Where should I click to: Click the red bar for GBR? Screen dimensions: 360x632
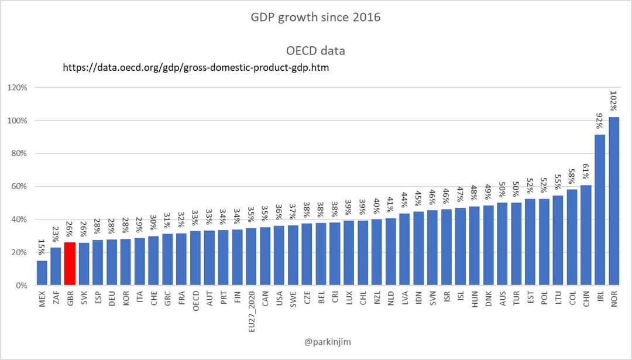click(x=70, y=264)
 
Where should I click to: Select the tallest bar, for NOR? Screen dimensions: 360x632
click(x=614, y=201)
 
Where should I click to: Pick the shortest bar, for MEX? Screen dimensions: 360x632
click(x=42, y=273)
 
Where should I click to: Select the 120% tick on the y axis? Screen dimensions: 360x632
click(x=18, y=88)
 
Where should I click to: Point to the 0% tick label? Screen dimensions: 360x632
click(x=21, y=286)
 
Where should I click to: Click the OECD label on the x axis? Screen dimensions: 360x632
click(x=195, y=301)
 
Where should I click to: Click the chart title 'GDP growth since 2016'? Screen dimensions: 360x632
click(x=315, y=17)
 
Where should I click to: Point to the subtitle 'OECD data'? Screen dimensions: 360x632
click(x=315, y=50)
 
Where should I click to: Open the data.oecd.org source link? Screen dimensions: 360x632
click(x=195, y=68)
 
